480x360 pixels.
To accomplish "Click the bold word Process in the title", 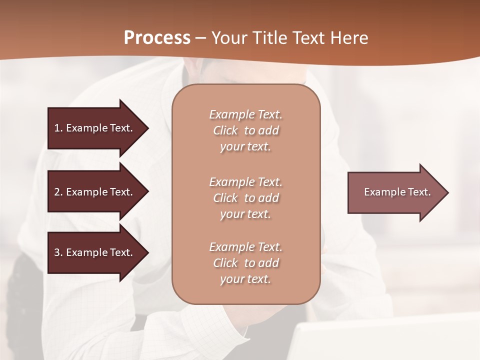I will [157, 38].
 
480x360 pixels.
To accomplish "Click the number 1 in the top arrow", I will [57, 128].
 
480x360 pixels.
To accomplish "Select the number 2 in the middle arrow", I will [57, 192].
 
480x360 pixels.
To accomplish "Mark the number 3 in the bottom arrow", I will [57, 252].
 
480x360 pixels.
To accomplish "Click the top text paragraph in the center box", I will [245, 130].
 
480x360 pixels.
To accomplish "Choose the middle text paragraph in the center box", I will [245, 198].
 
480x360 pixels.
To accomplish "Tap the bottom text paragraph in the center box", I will [245, 263].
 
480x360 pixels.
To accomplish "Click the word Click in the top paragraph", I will [225, 130].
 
